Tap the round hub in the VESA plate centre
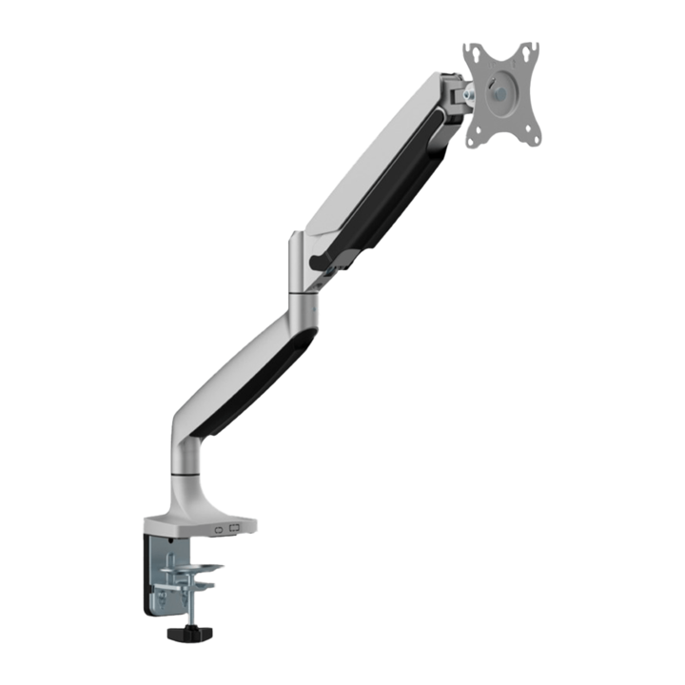pos(501,94)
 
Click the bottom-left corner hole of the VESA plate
pos(472,141)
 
